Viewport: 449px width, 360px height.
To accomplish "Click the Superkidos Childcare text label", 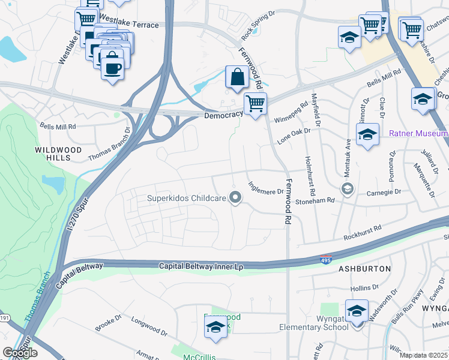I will pos(187,197).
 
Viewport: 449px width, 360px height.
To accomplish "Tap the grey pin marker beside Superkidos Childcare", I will pos(236,197).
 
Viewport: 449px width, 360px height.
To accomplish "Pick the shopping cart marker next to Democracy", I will pos(256,104).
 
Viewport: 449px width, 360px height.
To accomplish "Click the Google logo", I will pos(20,353).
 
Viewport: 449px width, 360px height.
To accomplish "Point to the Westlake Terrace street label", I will pos(128,25).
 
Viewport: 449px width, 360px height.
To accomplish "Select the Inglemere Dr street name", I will pos(265,188).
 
